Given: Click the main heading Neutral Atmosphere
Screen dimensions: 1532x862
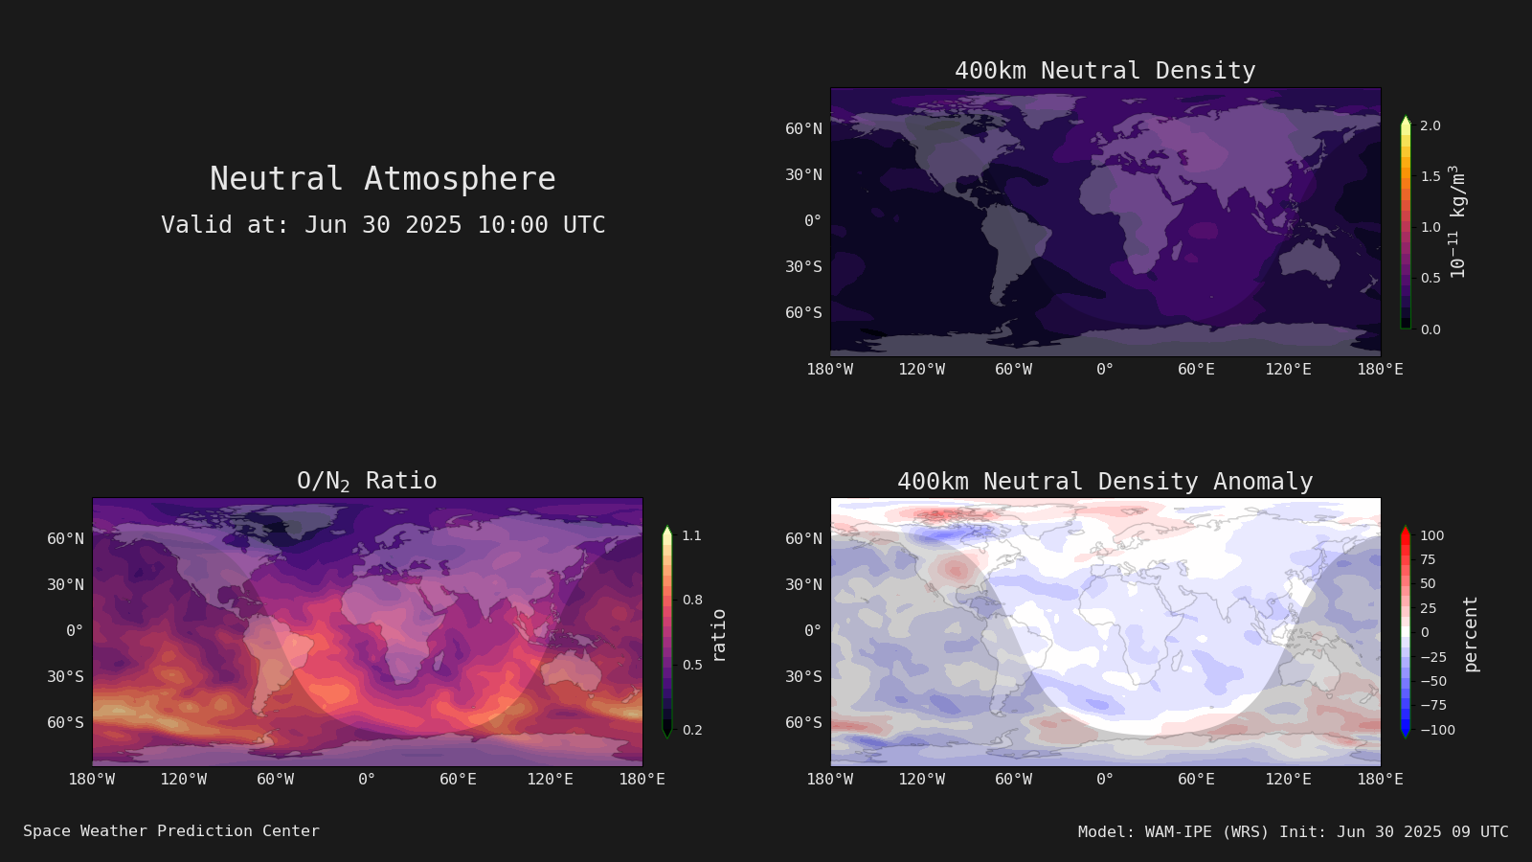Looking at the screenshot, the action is point(382,179).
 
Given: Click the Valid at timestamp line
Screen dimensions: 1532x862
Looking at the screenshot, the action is point(383,225).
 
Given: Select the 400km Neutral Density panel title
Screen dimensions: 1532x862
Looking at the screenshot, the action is point(1105,71).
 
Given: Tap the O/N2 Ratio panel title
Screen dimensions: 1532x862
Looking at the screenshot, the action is point(368,481).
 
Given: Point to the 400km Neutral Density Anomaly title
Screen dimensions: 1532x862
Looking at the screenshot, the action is point(1105,481).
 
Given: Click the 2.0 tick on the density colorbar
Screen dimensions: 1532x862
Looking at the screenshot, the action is point(1431,125).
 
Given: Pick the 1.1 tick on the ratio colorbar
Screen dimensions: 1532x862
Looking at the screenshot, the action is point(692,535).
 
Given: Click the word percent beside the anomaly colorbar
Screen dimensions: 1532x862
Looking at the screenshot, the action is point(1471,634).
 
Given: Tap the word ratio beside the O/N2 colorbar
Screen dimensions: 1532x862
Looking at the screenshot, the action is point(718,636).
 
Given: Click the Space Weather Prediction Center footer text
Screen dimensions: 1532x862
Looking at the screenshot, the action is point(171,831).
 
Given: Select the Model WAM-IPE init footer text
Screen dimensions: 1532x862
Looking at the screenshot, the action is point(1294,832).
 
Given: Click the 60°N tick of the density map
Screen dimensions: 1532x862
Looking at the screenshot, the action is point(803,128).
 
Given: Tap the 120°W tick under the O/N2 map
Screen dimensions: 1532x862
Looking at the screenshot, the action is point(183,780).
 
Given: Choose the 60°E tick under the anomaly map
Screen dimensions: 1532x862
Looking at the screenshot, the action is point(1196,780).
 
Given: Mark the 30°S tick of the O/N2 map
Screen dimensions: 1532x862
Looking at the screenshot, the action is point(66,676).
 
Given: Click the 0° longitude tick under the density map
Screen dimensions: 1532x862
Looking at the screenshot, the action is point(1105,370).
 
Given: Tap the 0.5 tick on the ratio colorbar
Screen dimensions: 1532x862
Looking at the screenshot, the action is point(692,665).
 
